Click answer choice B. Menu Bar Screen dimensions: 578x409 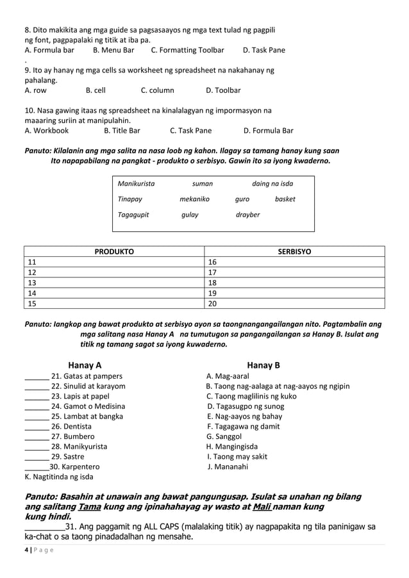(113, 50)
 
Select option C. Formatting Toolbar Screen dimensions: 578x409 (187, 50)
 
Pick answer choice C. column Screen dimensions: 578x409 (157, 90)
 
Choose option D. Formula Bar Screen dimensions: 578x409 (268, 131)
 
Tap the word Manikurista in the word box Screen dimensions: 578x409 (136, 184)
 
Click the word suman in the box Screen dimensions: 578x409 (203, 184)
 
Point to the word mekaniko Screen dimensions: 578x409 (194, 199)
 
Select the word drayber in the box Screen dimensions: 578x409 (247, 215)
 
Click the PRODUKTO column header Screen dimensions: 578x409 (114, 252)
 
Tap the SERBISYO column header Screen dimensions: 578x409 (294, 252)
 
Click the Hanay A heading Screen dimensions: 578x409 (85, 365)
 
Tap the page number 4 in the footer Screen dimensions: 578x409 (26, 550)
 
